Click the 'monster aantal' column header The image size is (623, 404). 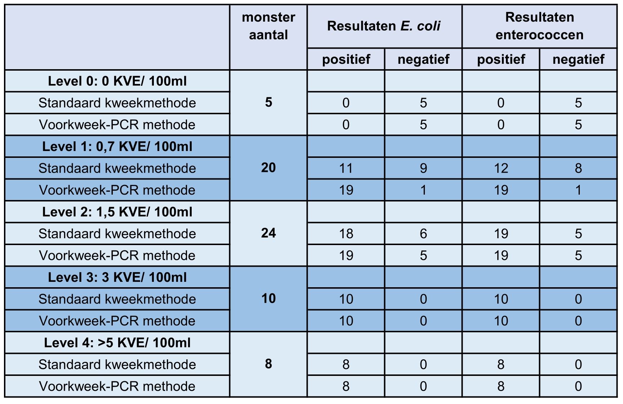click(268, 26)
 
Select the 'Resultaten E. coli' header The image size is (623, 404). click(384, 26)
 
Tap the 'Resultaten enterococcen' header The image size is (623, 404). click(539, 26)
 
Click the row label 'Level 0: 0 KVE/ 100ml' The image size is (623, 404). click(117, 81)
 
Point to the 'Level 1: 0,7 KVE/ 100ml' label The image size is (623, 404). click(117, 147)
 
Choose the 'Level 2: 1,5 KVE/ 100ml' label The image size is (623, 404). click(117, 212)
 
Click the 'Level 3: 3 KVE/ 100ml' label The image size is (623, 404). click(117, 278)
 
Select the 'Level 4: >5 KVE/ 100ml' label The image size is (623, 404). click(117, 343)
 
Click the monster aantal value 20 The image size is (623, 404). click(268, 168)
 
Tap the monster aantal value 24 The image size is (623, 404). click(268, 233)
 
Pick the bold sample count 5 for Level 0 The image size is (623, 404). click(268, 102)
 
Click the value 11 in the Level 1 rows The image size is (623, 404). click(346, 168)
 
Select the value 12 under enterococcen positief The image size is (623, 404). click(501, 168)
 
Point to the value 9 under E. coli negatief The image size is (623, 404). click(423, 168)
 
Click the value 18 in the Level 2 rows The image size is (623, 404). click(346, 234)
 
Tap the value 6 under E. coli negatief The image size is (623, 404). click(423, 234)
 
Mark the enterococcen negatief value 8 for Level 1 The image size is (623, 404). click(578, 168)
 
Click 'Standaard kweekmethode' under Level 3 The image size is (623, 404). click(117, 299)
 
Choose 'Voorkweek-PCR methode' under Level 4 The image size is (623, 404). click(117, 386)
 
